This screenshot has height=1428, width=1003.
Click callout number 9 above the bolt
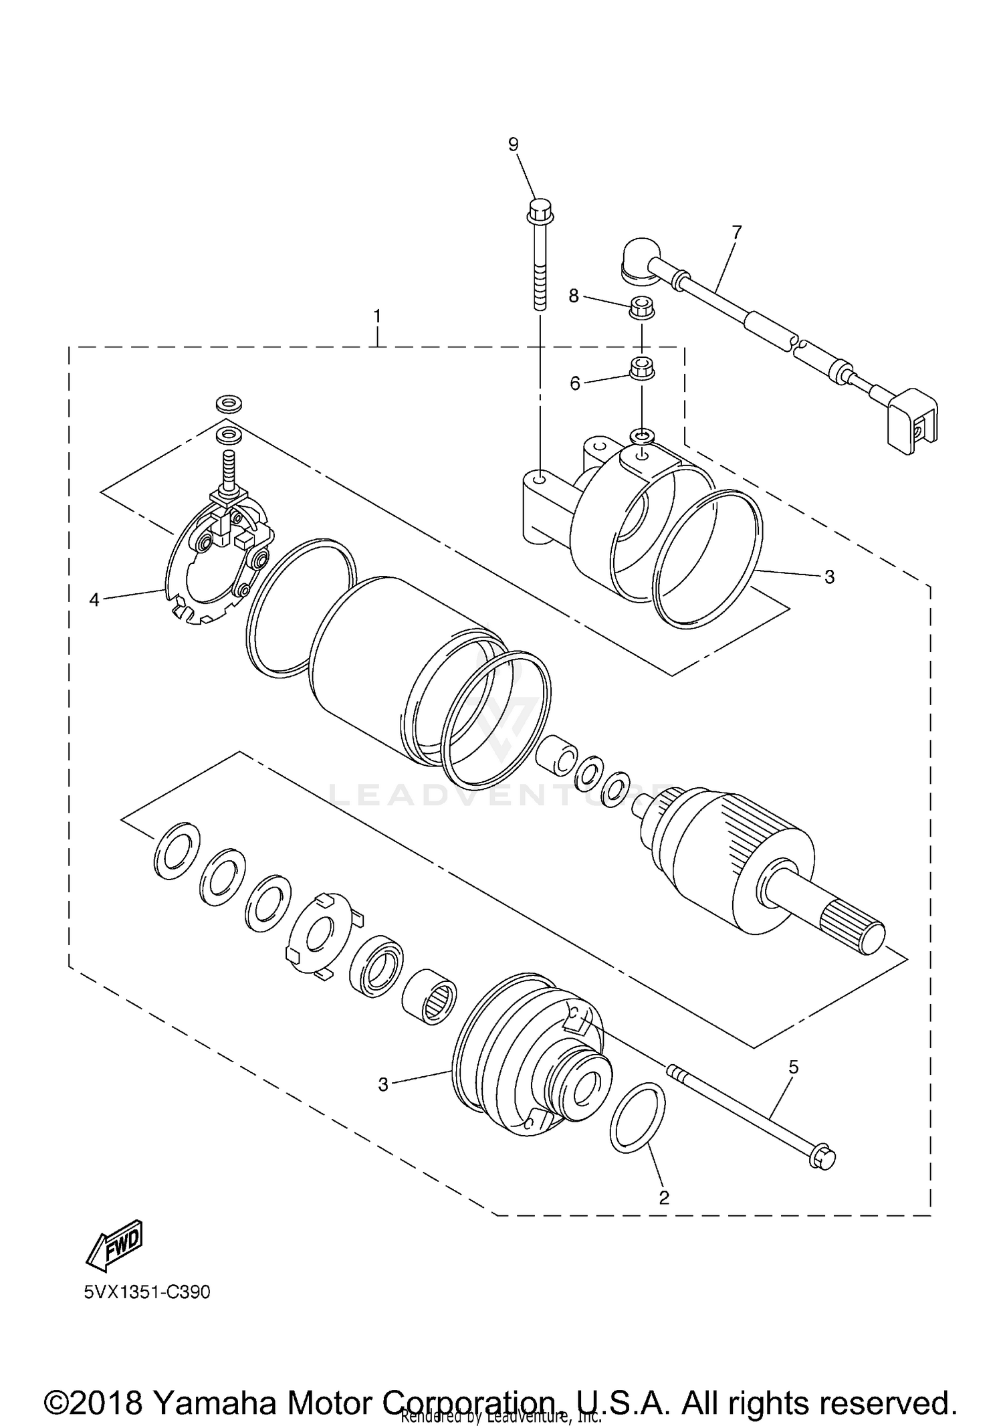(x=513, y=144)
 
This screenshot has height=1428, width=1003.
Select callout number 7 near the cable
(x=736, y=232)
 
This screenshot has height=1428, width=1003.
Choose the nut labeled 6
(x=642, y=367)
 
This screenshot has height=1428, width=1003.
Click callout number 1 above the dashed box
(x=377, y=316)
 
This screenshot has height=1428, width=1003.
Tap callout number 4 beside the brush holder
(x=94, y=600)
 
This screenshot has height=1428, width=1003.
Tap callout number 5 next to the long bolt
(x=793, y=1067)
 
